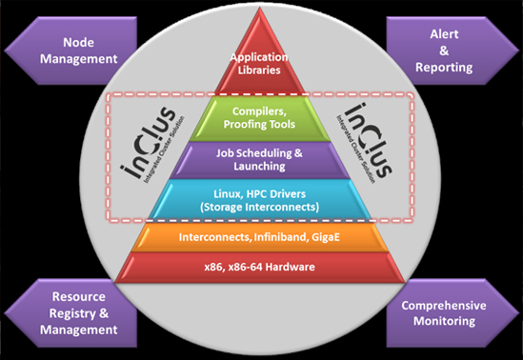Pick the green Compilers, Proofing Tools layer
coord(259,118)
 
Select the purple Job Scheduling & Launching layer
coord(259,160)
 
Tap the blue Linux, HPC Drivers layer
coord(259,199)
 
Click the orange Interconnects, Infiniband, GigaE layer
coord(259,237)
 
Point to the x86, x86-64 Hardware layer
coord(259,268)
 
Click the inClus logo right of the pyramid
coord(365,143)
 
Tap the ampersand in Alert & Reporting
coord(444,50)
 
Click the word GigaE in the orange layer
coord(326,237)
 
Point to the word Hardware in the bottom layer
coord(290,267)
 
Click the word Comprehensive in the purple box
coord(444,306)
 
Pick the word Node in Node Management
coord(79,42)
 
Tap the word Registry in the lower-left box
coord(72,313)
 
